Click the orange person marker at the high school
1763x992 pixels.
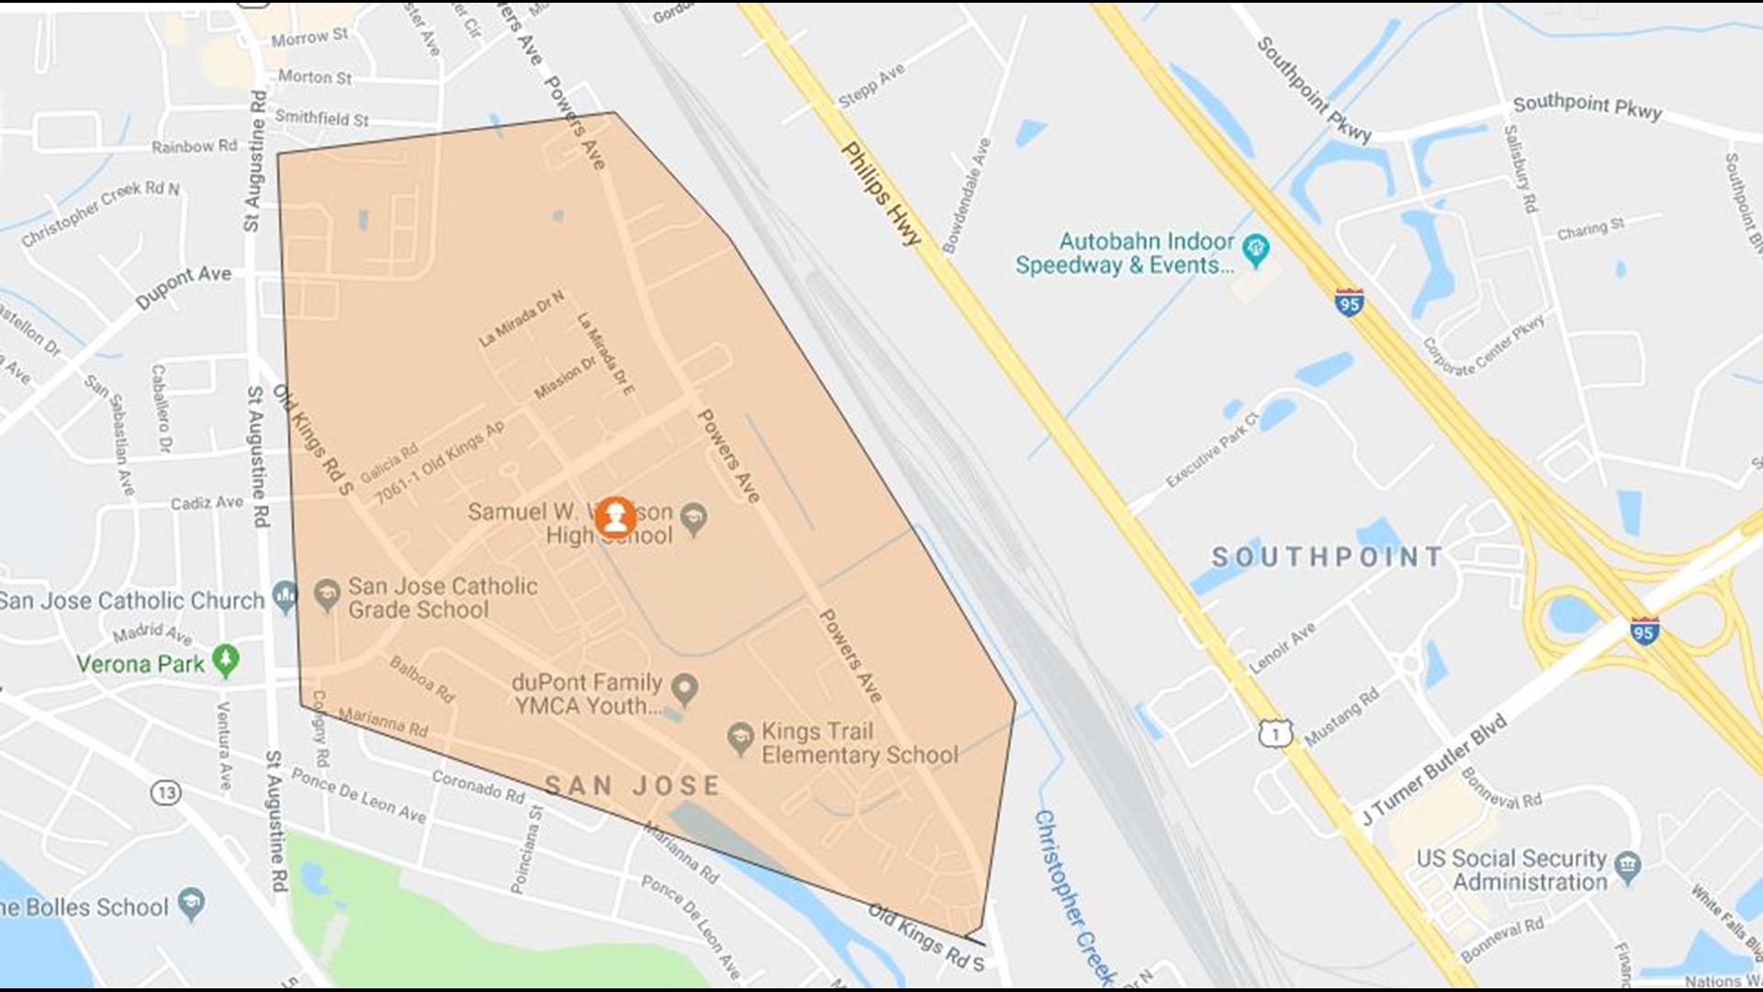(615, 518)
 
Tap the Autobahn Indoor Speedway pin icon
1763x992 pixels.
(1255, 248)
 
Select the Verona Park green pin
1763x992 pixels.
(225, 659)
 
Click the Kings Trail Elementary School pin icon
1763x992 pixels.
(740, 738)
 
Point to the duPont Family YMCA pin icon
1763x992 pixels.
(683, 687)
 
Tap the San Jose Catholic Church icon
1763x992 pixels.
(285, 597)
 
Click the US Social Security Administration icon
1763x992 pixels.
(1627, 865)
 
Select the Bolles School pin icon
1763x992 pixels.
(191, 903)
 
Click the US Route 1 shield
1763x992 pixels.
(1275, 732)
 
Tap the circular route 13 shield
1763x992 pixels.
(165, 792)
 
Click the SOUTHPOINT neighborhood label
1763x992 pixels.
(1327, 557)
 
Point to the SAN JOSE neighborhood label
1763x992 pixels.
(633, 785)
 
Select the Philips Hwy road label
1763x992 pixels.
(881, 194)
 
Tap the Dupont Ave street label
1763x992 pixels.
(184, 287)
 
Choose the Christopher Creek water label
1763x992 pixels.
(1073, 896)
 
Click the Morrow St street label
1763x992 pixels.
(309, 38)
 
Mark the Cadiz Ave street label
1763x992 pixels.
(207, 502)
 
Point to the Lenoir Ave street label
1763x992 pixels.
(1282, 647)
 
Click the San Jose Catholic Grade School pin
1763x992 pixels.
(327, 595)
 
